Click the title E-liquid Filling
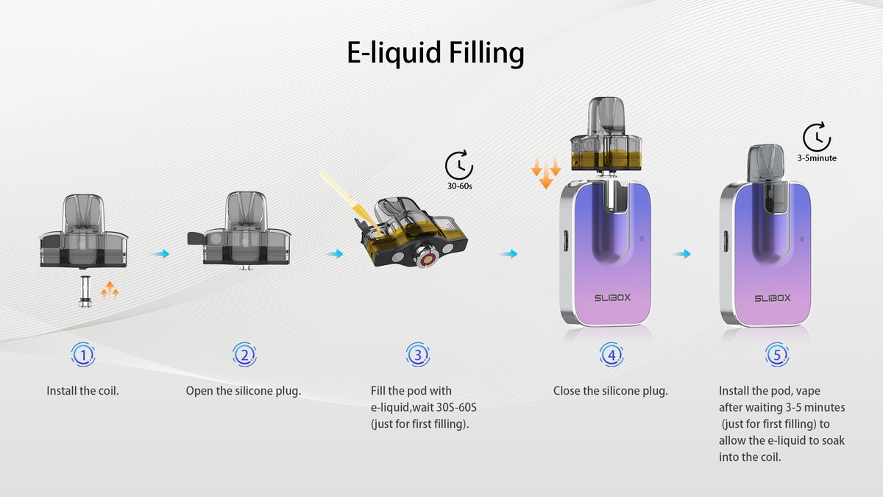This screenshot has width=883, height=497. [x=436, y=54]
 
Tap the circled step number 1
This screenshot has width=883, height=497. [x=83, y=356]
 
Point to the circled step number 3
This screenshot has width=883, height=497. [x=417, y=356]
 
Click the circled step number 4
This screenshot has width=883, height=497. [x=611, y=356]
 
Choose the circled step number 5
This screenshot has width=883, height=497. [x=778, y=356]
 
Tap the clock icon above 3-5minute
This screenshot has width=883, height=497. [x=816, y=138]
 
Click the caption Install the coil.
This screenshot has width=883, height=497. [x=83, y=390]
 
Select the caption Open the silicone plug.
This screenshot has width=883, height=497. [x=244, y=390]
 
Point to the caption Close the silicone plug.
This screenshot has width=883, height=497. [x=611, y=390]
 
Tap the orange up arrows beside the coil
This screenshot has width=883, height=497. [x=110, y=291]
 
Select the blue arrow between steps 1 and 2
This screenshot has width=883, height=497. [x=160, y=254]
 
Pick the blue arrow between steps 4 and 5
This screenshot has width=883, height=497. [x=683, y=254]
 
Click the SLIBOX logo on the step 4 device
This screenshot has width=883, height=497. [x=612, y=299]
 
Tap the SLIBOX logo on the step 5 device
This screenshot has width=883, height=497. [x=773, y=299]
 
